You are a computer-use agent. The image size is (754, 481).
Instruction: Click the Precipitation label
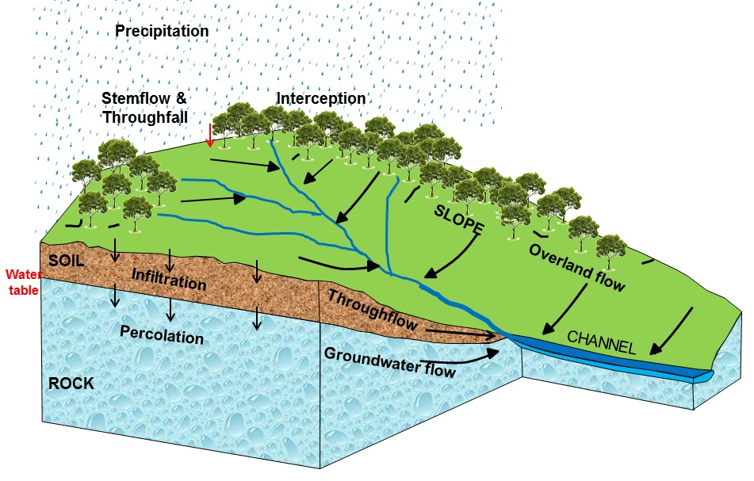[162, 31]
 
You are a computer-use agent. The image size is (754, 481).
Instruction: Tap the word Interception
[321, 98]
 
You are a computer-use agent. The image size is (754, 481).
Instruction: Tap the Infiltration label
[169, 278]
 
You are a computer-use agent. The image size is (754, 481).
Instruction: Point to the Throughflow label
[373, 310]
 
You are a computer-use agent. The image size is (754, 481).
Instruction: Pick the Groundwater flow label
[389, 360]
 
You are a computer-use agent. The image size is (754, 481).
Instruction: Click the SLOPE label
[459, 220]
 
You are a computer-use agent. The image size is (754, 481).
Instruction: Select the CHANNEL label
[602, 343]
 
